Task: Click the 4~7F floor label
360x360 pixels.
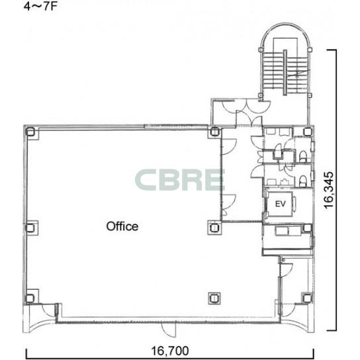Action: tap(40, 6)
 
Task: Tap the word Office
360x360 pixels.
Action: tap(122, 226)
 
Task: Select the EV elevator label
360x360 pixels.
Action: tap(281, 204)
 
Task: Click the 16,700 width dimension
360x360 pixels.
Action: tap(170, 351)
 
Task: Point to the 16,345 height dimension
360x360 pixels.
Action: tap(328, 190)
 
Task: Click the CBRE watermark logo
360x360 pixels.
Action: tap(180, 180)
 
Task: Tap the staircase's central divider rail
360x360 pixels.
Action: tap(285, 72)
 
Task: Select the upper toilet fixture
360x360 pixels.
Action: tap(303, 156)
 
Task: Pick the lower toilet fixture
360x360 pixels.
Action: tap(303, 181)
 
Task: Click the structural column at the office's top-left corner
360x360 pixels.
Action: tap(30, 132)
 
